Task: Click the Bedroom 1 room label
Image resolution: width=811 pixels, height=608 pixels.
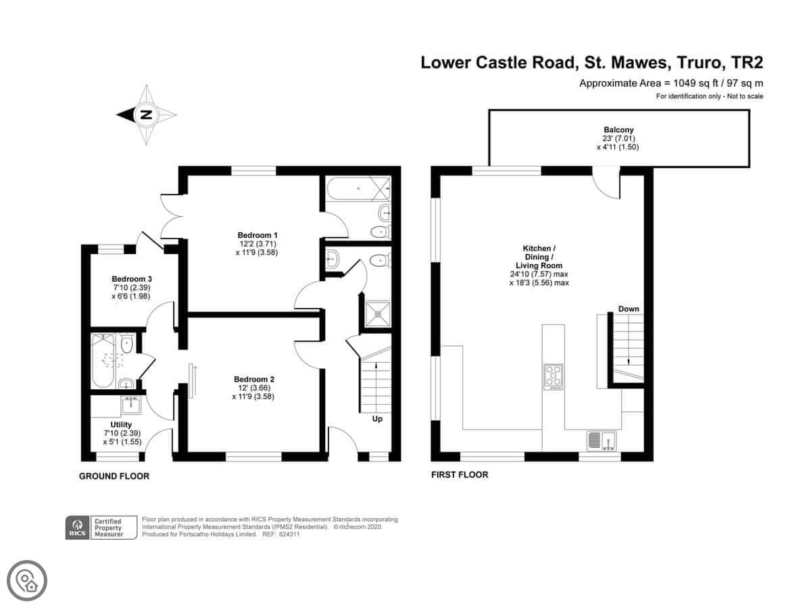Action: [257, 235]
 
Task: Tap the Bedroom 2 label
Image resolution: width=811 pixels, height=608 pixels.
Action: [254, 379]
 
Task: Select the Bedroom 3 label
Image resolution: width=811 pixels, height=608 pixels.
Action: [132, 279]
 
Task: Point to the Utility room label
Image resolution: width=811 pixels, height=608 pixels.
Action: [121, 424]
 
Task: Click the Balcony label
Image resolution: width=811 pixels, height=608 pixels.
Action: [618, 130]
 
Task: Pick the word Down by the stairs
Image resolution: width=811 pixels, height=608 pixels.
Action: [629, 309]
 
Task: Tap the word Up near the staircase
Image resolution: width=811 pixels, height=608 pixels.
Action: [377, 419]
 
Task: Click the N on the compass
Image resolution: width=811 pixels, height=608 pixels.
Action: [147, 114]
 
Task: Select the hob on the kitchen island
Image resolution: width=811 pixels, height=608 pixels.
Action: [553, 376]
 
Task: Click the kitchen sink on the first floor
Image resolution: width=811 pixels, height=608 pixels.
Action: [601, 440]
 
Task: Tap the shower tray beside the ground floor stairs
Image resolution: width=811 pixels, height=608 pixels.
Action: [378, 313]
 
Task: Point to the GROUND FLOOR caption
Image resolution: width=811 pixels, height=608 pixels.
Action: [114, 476]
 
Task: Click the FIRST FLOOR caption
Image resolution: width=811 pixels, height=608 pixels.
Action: [460, 475]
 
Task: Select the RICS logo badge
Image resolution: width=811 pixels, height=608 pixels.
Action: [78, 528]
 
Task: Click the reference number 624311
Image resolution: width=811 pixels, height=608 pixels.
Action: [289, 534]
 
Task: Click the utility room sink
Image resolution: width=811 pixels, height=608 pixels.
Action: [131, 405]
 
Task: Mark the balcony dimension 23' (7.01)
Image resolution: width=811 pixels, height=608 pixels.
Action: [618, 138]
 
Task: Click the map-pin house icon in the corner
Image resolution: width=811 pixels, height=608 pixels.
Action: [27, 581]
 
